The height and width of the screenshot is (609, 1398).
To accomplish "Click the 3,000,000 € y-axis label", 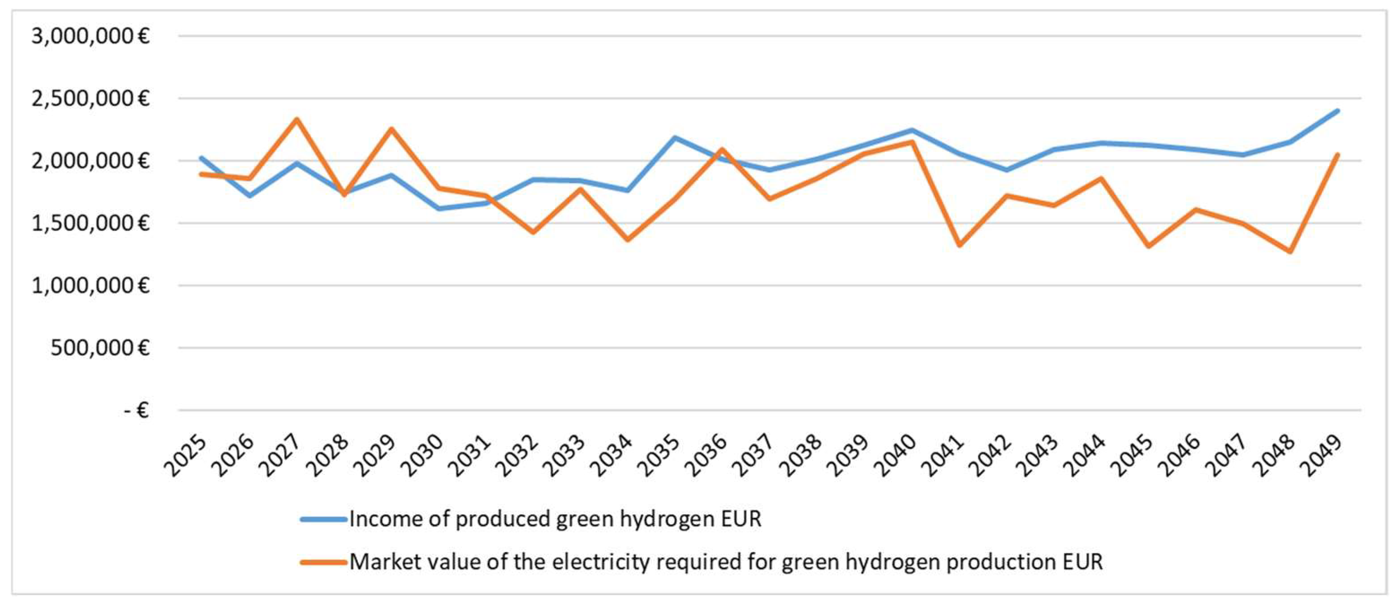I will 90,36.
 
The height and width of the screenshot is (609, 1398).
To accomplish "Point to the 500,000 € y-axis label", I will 99,348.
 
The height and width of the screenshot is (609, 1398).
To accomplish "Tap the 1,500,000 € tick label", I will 90,223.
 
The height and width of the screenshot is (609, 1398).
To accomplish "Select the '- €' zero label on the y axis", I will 136,410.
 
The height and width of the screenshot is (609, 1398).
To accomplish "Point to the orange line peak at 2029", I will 391,129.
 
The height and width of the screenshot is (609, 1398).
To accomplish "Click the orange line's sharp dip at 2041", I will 959,245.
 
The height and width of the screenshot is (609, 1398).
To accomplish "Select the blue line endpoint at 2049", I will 1338,111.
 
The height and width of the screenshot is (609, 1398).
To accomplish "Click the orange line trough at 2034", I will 628,239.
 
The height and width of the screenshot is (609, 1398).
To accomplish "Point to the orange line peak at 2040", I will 912,142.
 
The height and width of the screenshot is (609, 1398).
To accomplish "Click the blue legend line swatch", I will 324,519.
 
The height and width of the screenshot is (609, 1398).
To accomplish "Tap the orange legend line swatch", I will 324,562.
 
